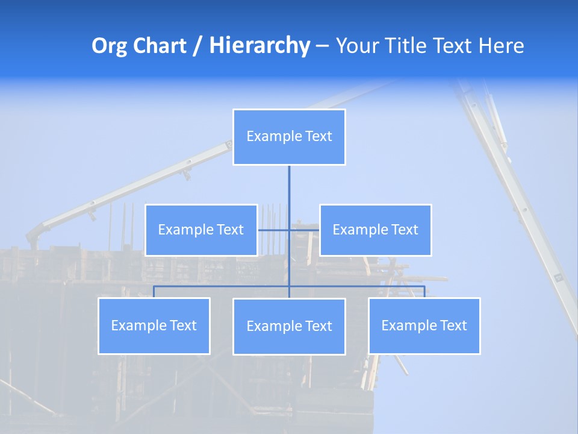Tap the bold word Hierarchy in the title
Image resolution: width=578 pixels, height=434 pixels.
tap(259, 46)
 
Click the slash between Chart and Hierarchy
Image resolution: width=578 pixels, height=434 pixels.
tap(197, 46)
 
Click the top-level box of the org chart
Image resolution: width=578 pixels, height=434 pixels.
tap(289, 137)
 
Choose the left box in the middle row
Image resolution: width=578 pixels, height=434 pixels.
tap(201, 230)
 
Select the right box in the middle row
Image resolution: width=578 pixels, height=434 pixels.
tap(375, 230)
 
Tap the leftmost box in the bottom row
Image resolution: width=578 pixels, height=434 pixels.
tap(154, 325)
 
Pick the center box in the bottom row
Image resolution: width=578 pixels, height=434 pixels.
tap(289, 326)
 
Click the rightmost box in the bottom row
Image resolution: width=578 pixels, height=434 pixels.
tap(424, 325)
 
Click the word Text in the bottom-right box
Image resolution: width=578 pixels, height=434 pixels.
tap(453, 325)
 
